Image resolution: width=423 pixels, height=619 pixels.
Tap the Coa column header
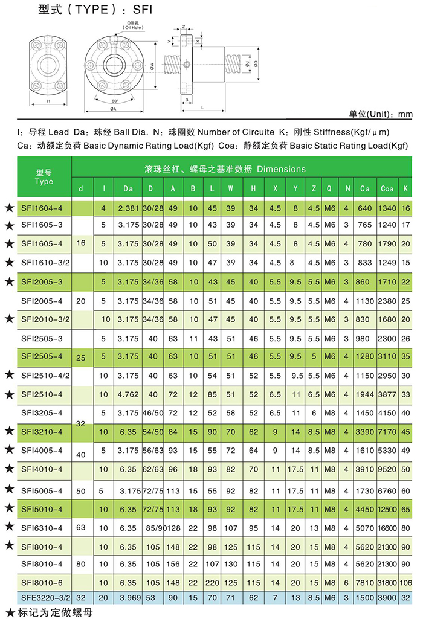(387, 189)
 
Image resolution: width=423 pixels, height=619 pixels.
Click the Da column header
(128, 189)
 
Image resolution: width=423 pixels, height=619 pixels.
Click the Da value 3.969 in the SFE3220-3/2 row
(128, 597)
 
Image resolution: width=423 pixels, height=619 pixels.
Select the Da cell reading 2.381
(128, 208)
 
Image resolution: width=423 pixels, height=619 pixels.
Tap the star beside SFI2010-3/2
(9, 319)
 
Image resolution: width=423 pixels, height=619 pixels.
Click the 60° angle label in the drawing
(115, 100)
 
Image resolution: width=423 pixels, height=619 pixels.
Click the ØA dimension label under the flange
(113, 109)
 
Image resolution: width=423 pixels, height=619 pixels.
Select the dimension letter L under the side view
(201, 106)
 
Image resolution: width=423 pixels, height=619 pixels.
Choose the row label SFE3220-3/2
(45, 597)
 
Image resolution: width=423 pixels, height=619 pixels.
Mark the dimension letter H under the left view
(48, 102)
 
